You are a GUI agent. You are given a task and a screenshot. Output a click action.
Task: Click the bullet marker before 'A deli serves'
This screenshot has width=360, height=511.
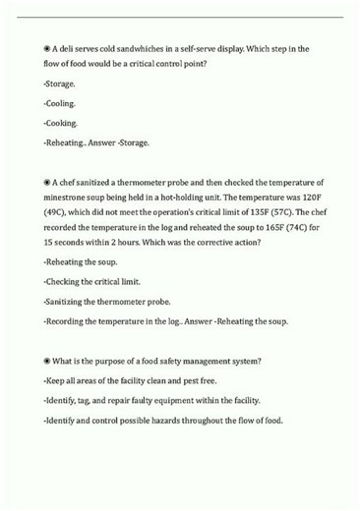coord(47,48)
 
